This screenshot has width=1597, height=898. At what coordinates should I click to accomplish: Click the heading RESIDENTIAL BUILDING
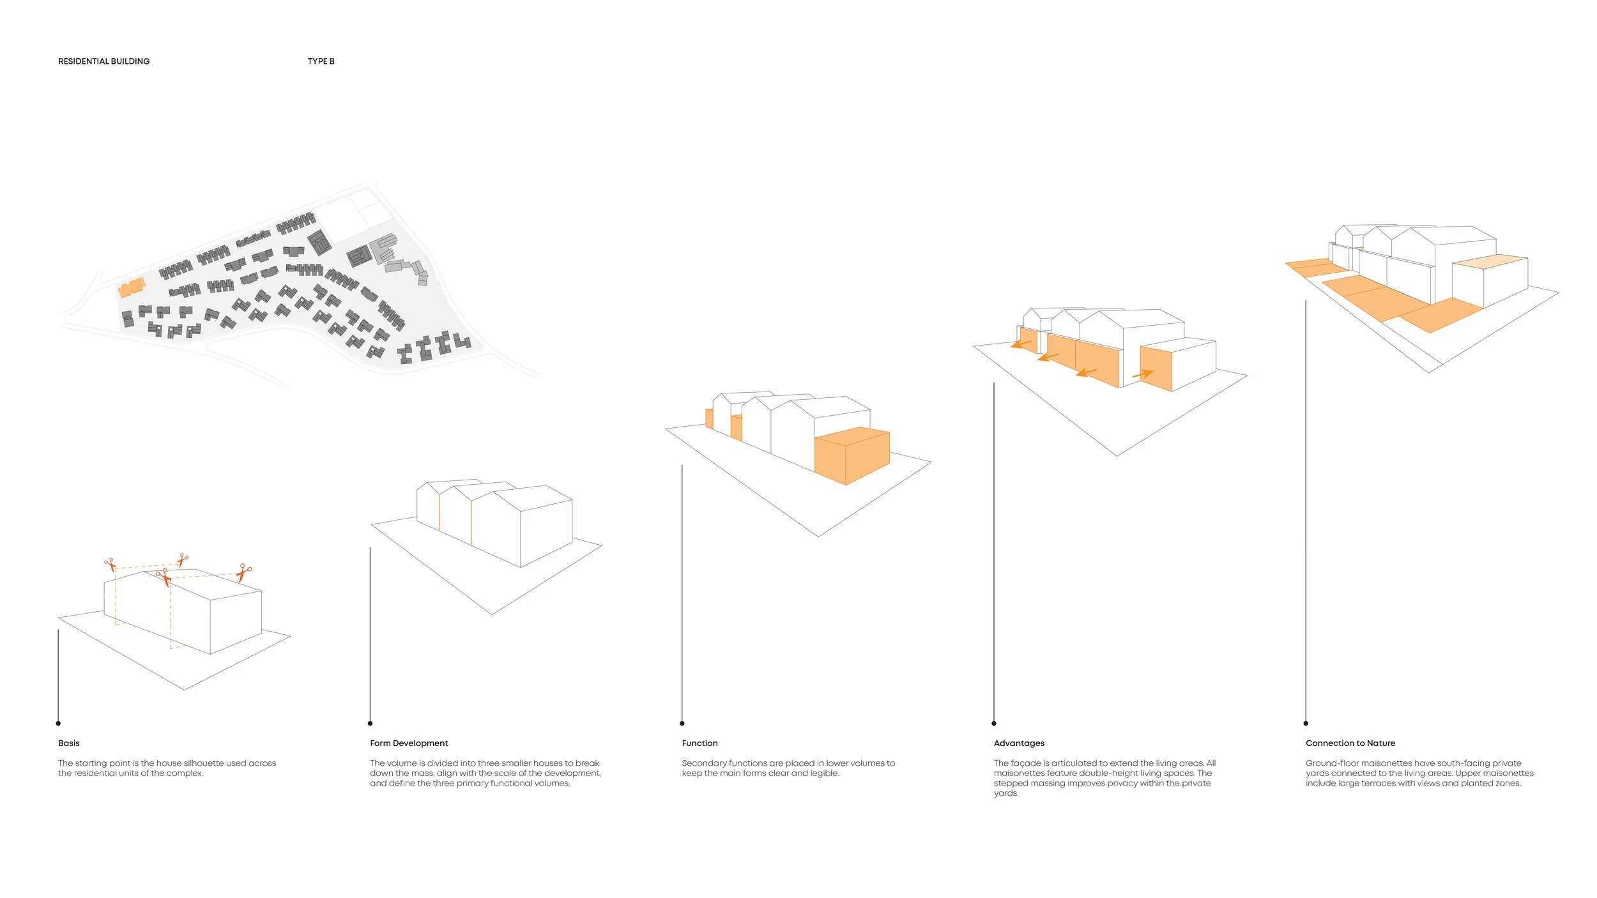point(103,61)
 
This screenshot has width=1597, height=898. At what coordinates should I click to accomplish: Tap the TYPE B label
point(321,61)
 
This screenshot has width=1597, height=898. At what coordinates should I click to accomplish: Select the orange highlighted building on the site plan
point(132,287)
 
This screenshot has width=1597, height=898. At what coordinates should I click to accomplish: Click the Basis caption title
point(69,743)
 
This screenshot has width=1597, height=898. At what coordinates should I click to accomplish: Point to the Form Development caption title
point(409,743)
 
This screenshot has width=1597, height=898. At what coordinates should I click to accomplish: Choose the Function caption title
point(699,743)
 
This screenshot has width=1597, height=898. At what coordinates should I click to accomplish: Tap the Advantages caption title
point(1019,743)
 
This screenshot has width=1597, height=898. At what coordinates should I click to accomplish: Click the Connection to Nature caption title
point(1350,743)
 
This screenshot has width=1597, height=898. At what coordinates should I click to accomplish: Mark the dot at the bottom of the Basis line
point(58,723)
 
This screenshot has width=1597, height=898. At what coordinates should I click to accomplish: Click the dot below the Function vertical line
point(682,723)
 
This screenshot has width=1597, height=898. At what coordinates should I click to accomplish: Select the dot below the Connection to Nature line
point(1306,723)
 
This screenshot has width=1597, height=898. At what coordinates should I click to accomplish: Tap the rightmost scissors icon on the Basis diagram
point(243,572)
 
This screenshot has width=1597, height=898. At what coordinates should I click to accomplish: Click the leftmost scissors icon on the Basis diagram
point(111,565)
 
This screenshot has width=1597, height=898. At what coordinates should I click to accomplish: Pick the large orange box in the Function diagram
point(852,455)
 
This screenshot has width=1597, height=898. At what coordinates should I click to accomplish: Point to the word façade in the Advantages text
point(1027,763)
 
